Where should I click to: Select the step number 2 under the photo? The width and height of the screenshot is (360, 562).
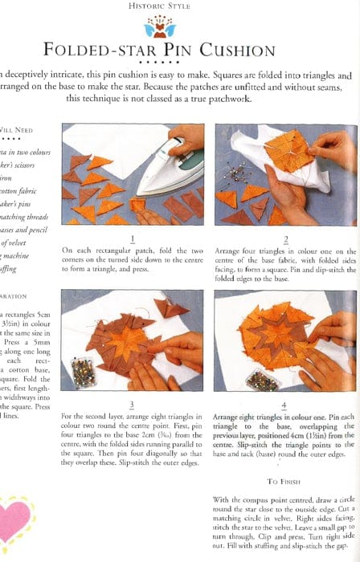tap(287, 238)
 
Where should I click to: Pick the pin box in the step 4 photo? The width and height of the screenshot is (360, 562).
tap(234, 378)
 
